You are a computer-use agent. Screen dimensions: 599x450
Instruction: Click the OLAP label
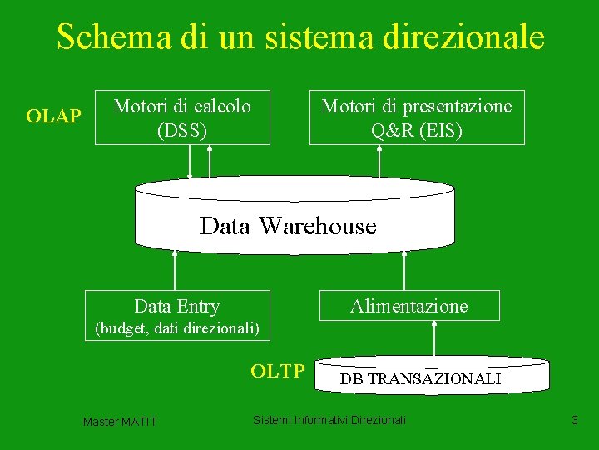(x=53, y=117)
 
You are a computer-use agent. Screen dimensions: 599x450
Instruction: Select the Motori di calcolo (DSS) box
(x=182, y=117)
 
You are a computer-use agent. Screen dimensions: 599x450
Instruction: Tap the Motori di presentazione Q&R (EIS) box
(x=417, y=117)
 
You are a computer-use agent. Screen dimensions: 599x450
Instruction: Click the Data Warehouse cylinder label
(x=289, y=226)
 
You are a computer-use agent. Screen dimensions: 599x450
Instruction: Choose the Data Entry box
(x=178, y=305)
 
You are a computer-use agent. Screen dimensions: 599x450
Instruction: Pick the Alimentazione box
(x=409, y=306)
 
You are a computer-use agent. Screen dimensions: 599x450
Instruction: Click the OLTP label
(x=278, y=371)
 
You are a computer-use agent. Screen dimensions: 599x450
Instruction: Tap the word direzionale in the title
(x=463, y=37)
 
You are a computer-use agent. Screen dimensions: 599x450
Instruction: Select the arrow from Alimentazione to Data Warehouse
(x=403, y=270)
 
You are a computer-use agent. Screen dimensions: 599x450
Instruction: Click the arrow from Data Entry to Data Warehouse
(x=175, y=270)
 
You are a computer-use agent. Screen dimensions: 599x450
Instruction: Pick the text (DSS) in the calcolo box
(x=182, y=130)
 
